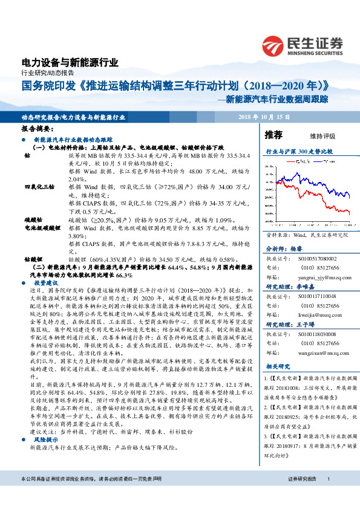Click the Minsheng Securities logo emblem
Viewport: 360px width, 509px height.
coord(275,45)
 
